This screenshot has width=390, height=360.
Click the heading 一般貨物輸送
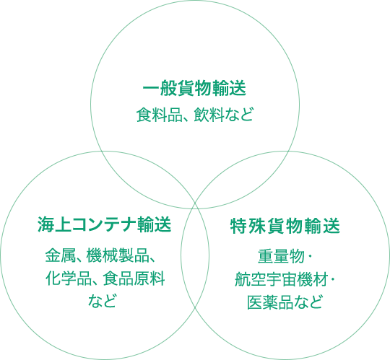[194, 88]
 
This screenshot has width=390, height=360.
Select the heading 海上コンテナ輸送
[105, 224]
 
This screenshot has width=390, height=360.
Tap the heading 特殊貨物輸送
[285, 226]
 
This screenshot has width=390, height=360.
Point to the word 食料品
[160, 115]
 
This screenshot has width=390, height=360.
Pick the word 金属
[61, 255]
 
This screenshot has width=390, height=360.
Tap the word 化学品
[69, 278]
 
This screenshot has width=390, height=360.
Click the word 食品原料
[134, 278]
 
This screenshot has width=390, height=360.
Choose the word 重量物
[281, 256]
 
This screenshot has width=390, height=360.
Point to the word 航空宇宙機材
[281, 279]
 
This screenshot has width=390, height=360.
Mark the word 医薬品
[270, 302]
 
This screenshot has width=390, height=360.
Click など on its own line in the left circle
[102, 300]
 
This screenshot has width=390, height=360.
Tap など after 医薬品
[308, 302]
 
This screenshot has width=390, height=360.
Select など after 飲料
[239, 115]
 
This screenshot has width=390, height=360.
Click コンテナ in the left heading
[104, 224]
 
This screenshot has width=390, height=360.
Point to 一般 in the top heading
[160, 88]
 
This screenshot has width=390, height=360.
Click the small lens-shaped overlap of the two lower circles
[195, 255]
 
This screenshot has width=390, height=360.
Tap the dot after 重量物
[309, 256]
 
